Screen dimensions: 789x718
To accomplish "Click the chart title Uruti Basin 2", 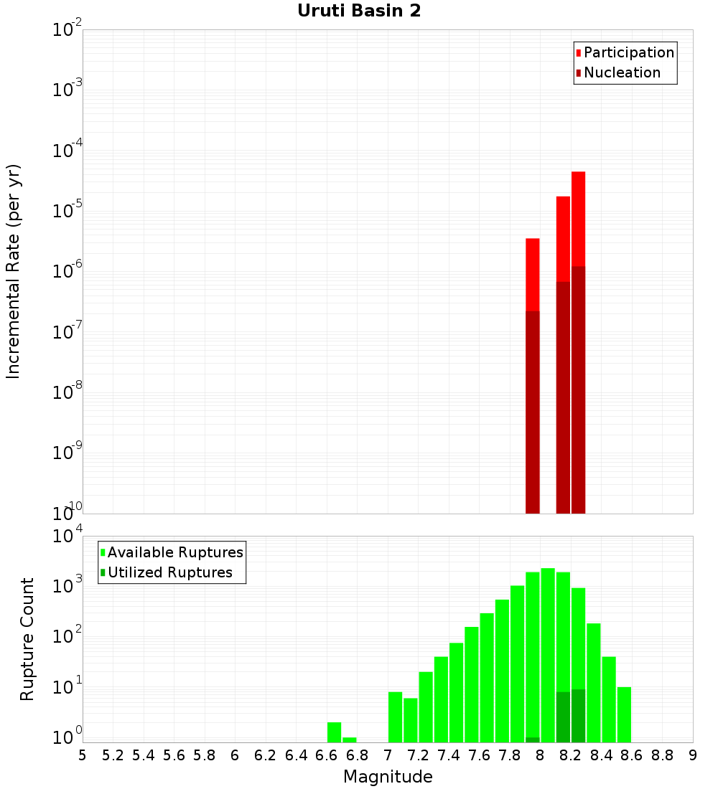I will [x=359, y=11].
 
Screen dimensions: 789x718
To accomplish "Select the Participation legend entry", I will [x=628, y=52].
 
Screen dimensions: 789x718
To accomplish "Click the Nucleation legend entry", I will [x=622, y=72].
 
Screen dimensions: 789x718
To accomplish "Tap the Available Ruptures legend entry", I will [x=174, y=552].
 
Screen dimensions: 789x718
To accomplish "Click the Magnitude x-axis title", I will [x=388, y=777].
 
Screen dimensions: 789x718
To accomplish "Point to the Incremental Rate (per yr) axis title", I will [x=14, y=272].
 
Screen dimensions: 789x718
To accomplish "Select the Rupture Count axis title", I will [x=27, y=639].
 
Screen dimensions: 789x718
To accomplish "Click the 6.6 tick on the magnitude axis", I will [x=327, y=755].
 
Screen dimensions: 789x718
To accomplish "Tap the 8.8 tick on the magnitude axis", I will [x=662, y=755].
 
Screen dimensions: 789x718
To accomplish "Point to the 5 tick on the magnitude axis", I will [x=83, y=755].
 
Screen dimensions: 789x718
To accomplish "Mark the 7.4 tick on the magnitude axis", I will [x=449, y=755].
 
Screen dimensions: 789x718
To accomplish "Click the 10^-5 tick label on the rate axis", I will [x=67, y=210].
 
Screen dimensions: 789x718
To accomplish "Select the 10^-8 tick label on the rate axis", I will [x=67, y=392].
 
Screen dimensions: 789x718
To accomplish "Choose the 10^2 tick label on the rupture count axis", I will [x=67, y=636].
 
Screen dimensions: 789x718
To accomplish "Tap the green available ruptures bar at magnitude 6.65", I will [x=334, y=732].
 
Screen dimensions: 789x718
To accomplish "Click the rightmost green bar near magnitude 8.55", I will [x=624, y=714].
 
